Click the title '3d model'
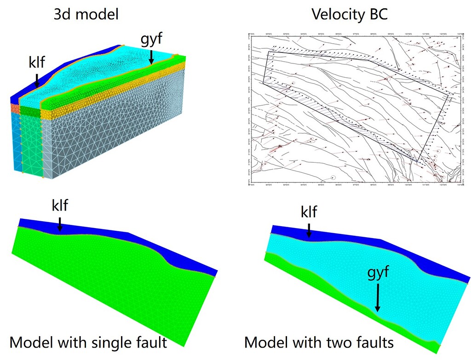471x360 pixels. tap(86, 14)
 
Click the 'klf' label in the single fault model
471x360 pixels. tap(59, 205)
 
